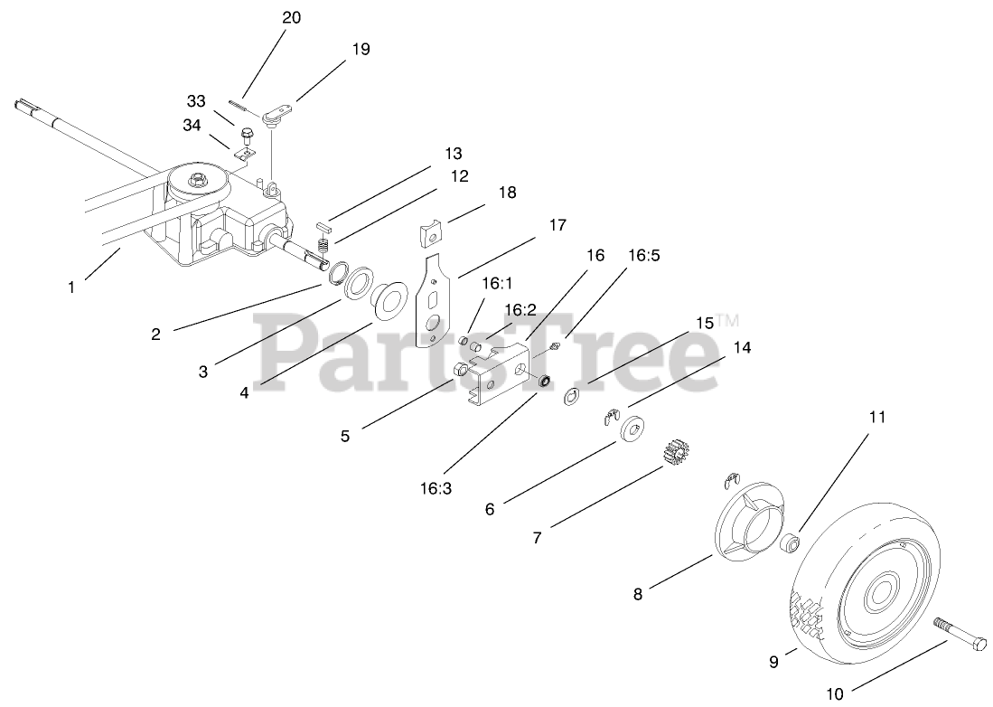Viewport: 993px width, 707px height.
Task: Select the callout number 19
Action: click(360, 49)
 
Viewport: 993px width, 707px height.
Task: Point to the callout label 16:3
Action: click(437, 489)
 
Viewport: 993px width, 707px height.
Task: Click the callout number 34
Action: click(192, 126)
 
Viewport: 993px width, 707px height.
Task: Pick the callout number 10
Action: click(834, 694)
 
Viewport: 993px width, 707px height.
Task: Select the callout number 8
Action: click(638, 595)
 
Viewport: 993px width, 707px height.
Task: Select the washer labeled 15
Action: click(571, 396)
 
